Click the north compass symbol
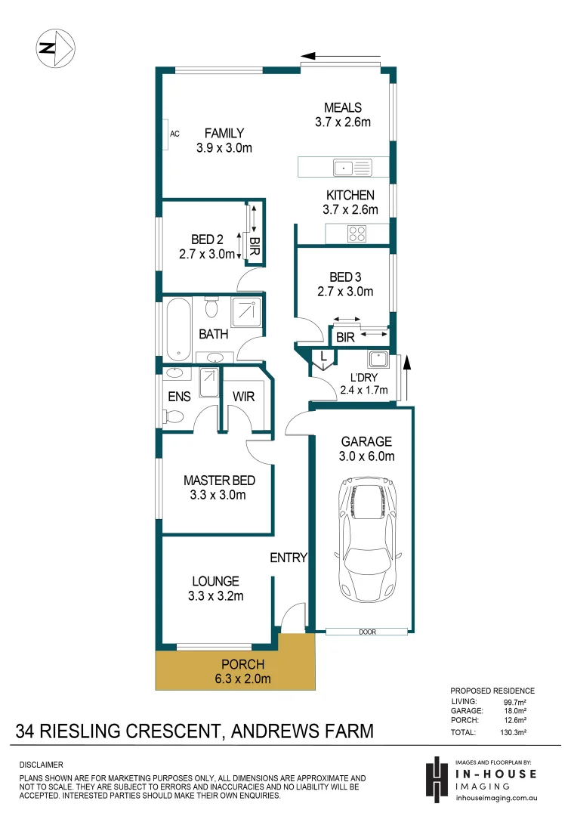[x=54, y=48]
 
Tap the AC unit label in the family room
[x=174, y=134]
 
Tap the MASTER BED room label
[x=219, y=481]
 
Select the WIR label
[x=243, y=397]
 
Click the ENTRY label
[x=289, y=558]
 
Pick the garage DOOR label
[x=368, y=632]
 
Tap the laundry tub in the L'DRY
[x=377, y=360]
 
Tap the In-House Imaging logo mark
[x=437, y=778]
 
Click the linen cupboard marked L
[x=323, y=356]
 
